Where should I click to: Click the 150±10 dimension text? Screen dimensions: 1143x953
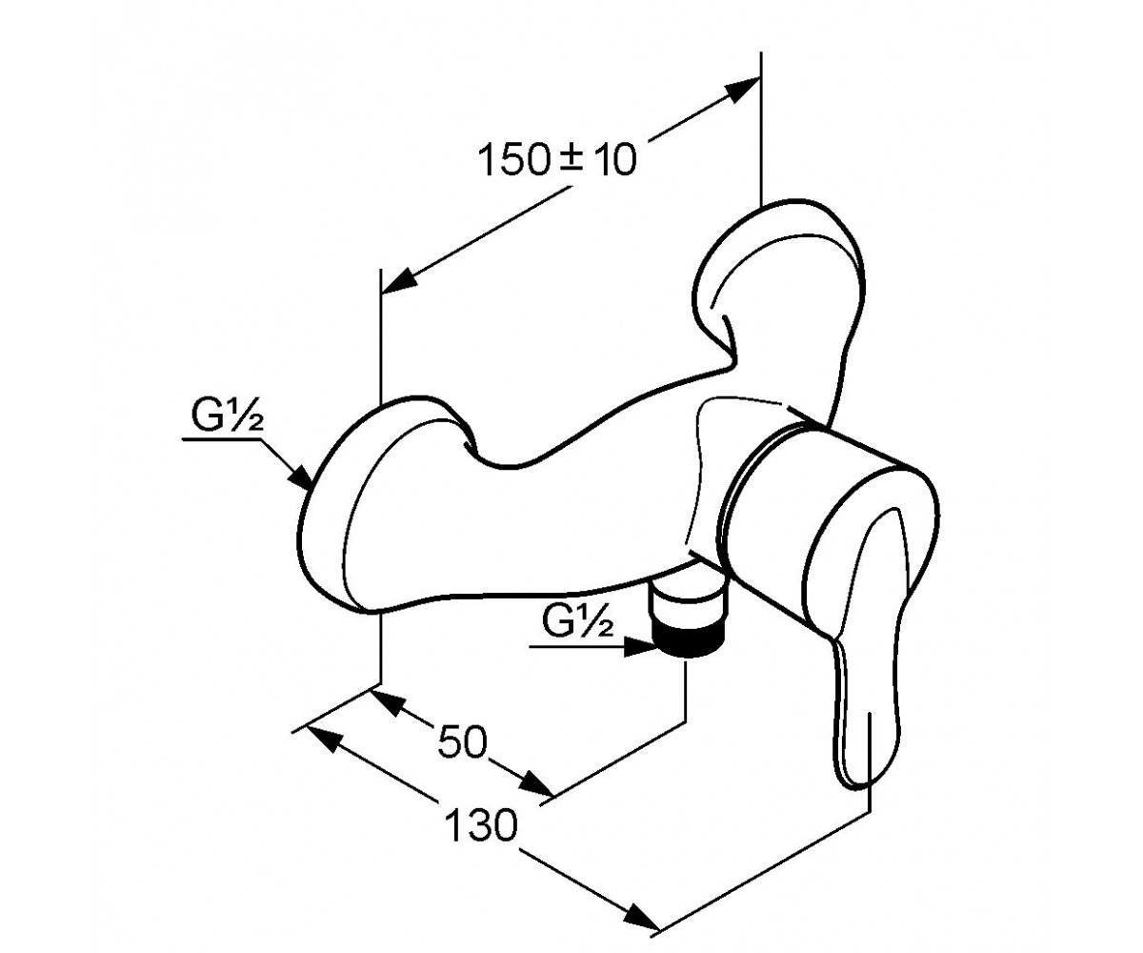point(557,160)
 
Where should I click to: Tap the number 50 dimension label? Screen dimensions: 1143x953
point(462,742)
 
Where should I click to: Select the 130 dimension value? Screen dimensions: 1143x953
point(481,825)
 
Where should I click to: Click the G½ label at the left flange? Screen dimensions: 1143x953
point(228,416)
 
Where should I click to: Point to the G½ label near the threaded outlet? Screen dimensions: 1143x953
point(578,621)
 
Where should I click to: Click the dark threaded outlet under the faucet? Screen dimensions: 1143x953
point(689,645)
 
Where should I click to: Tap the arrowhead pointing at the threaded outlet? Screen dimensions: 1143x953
point(639,647)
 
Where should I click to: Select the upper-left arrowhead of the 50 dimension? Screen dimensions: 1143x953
point(388,702)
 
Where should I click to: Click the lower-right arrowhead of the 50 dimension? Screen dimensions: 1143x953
point(536,782)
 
